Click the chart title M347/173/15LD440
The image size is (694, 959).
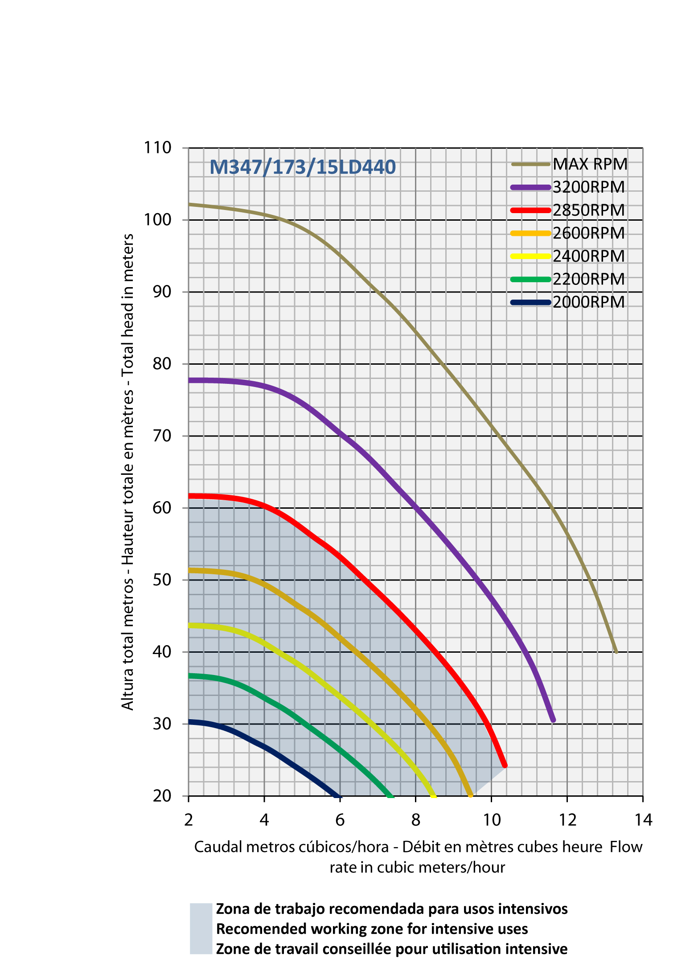click(x=302, y=167)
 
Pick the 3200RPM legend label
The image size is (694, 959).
click(x=589, y=187)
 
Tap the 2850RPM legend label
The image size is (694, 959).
click(x=589, y=210)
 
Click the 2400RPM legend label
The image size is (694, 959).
click(x=589, y=256)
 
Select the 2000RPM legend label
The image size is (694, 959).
click(x=589, y=302)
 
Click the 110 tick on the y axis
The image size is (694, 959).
click(x=157, y=148)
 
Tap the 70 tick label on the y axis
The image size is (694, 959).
click(x=162, y=436)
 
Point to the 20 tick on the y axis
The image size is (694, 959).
click(x=162, y=796)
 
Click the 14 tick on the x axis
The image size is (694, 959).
click(x=643, y=819)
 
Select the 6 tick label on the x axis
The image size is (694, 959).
click(x=340, y=819)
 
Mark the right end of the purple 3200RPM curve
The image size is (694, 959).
click(x=553, y=720)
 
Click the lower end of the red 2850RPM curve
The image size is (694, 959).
click(x=505, y=766)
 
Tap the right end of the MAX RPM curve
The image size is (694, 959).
click(x=616, y=652)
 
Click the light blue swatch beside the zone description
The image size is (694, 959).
click(x=201, y=928)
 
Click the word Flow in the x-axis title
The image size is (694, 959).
click(x=626, y=847)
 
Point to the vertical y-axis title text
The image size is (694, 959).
click(x=128, y=472)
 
